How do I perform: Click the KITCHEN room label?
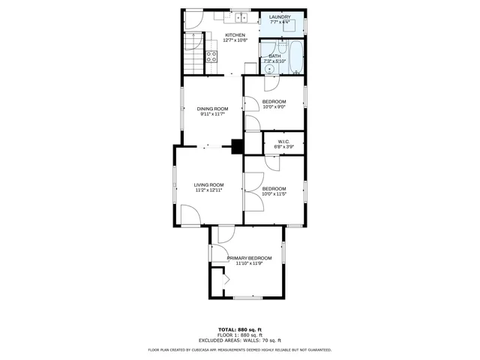235,35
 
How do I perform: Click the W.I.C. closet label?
283,141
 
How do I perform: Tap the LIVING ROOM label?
209,185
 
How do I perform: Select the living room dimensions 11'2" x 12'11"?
209,190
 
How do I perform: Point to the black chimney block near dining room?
238,146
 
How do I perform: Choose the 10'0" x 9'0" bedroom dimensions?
274,106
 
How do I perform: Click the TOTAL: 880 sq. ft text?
240,329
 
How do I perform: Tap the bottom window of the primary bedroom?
247,298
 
